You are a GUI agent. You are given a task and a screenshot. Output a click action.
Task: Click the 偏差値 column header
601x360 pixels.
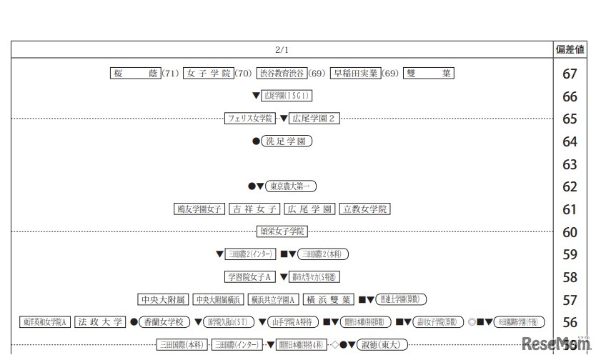(570, 49)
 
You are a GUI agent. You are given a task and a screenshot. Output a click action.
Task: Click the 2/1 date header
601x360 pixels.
(282, 49)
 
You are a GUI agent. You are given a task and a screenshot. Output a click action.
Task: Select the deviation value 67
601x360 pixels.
(570, 74)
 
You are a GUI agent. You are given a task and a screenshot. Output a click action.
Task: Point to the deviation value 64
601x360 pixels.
(570, 142)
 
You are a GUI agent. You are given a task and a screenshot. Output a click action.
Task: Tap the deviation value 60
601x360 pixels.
(570, 232)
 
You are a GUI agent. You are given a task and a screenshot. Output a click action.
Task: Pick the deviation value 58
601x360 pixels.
(570, 277)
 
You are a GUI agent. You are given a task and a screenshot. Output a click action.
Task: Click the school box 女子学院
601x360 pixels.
(208, 73)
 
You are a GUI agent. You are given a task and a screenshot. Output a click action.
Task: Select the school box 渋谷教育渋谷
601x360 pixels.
(282, 73)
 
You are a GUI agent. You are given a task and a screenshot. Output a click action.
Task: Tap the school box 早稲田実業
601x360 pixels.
(355, 73)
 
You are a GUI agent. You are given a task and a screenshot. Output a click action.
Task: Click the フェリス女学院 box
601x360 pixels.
(249, 119)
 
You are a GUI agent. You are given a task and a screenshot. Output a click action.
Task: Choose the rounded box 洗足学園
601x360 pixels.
(287, 141)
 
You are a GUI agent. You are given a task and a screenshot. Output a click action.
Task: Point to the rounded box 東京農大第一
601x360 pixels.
(291, 186)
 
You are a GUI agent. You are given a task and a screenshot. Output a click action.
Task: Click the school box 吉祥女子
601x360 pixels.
(254, 209)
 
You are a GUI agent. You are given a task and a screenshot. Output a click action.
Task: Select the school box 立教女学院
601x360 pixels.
(364, 209)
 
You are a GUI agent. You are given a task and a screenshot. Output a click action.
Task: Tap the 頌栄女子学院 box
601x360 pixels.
(282, 231)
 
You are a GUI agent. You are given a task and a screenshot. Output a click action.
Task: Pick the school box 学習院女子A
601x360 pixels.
(251, 276)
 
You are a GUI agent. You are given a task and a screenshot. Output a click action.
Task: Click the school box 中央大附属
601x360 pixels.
(162, 299)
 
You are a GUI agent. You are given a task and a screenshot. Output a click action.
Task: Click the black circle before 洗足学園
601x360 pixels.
(256, 141)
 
